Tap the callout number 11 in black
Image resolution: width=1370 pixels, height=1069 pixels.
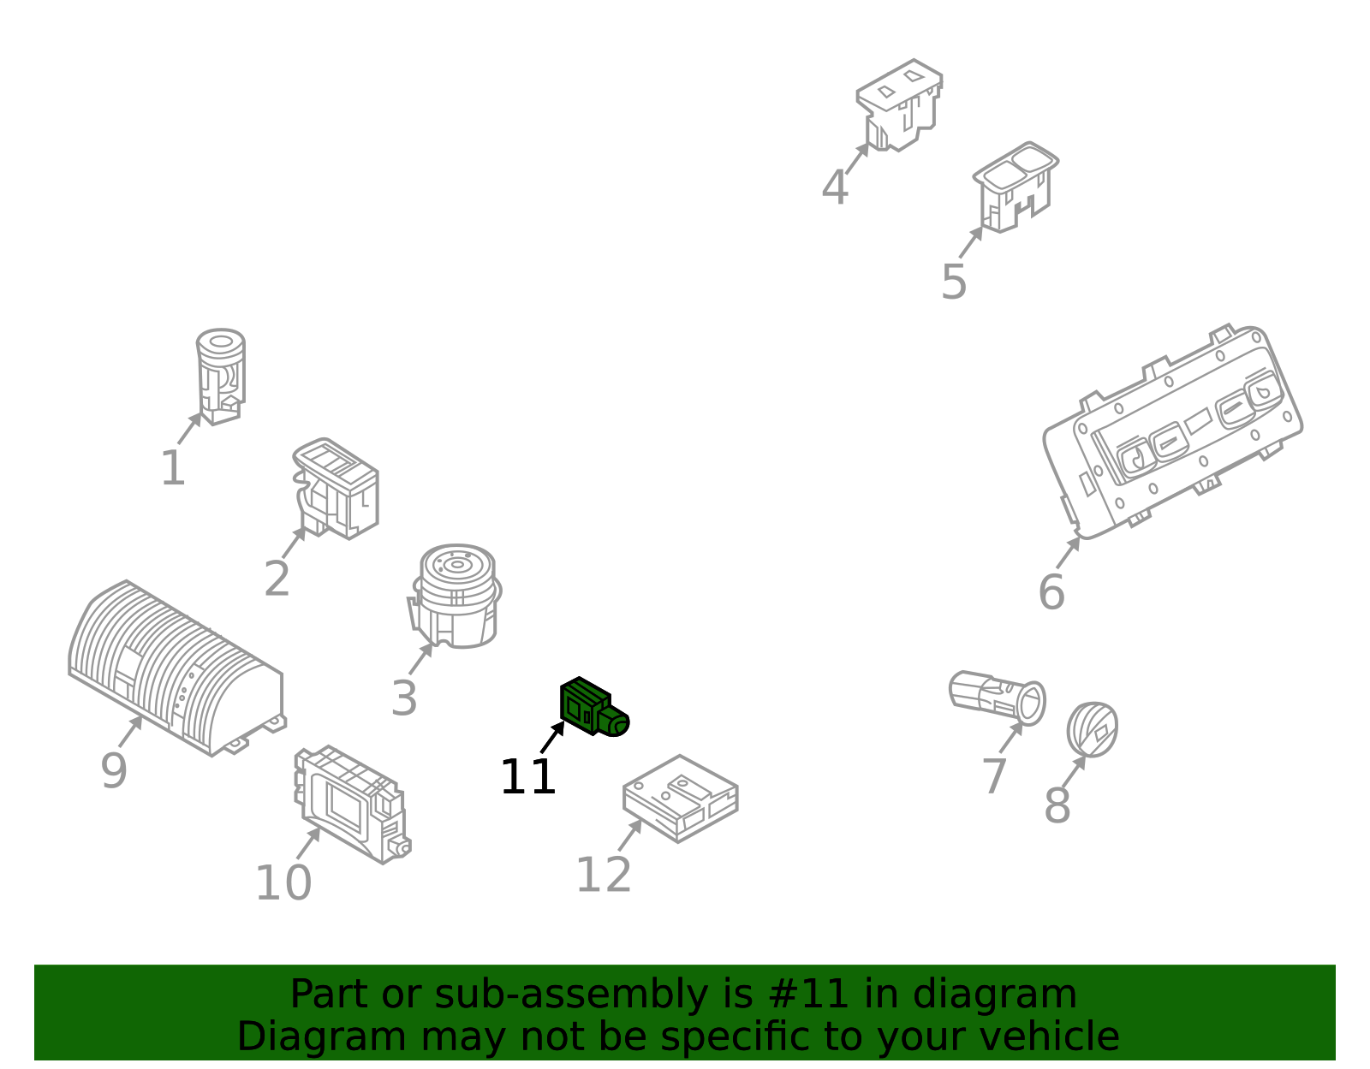pos(527,777)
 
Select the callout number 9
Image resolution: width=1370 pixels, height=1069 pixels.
pos(114,770)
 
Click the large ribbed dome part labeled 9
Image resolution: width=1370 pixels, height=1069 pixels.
pos(176,668)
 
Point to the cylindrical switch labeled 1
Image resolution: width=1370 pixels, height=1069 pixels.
pos(221,376)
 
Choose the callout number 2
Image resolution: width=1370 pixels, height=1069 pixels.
pos(277,579)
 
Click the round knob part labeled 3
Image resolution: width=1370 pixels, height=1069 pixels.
pos(456,596)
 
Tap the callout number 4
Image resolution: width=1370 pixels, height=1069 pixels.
pos(835,187)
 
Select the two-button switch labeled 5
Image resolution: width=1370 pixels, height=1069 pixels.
pos(1015,187)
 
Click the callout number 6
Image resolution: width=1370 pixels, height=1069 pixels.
pos(1051,592)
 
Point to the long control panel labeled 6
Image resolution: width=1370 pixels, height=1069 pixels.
pos(1173,431)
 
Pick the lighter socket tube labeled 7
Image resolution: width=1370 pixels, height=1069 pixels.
pos(998,698)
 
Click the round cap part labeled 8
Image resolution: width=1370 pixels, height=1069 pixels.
pos(1093,729)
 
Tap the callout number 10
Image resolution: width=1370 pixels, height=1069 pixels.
pos(283,883)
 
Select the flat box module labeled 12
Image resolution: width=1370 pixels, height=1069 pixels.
pos(680,799)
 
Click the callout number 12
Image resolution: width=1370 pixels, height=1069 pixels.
pos(604,875)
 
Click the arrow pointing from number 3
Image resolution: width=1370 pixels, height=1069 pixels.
pos(421,658)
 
